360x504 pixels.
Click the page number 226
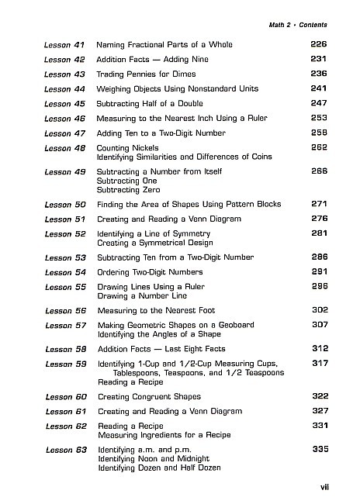point(319,45)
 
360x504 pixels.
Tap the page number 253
point(319,118)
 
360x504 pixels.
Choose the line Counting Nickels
point(127,147)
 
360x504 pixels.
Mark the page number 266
point(319,171)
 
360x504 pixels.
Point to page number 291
point(319,272)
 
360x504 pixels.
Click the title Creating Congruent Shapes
point(150,397)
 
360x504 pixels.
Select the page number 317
point(319,363)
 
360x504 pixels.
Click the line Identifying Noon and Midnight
point(150,459)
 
